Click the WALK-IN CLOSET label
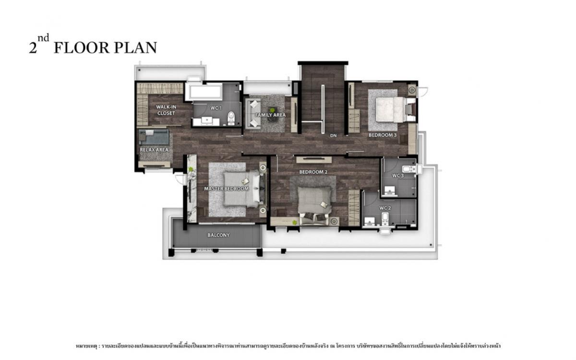point(166,110)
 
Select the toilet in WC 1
point(231,115)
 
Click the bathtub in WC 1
point(204,91)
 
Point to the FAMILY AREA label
point(270,115)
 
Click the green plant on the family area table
point(272,109)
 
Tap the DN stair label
point(333,135)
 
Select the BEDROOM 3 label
point(383,135)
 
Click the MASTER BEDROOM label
point(226,189)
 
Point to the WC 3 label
point(398,176)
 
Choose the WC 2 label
point(385,208)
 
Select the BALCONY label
point(218,235)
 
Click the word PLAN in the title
point(135,48)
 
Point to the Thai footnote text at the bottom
point(288,345)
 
